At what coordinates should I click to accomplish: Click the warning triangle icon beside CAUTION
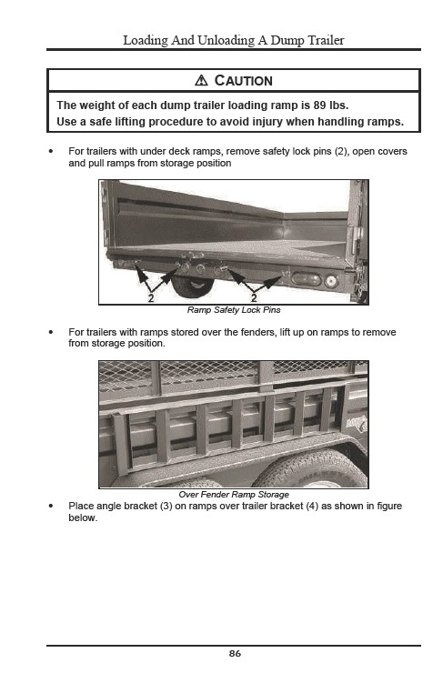(x=201, y=81)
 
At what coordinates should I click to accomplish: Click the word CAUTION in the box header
(x=243, y=81)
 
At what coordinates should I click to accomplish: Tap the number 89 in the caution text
(x=319, y=105)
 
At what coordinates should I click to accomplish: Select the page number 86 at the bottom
(x=235, y=653)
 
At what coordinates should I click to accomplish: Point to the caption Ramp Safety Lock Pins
(x=234, y=310)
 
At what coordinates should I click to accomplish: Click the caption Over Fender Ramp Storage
(x=234, y=495)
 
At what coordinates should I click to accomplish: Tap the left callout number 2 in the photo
(x=151, y=298)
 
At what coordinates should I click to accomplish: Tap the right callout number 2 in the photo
(x=254, y=298)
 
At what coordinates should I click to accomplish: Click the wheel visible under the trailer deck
(x=193, y=286)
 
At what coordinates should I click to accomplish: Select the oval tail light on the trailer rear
(x=307, y=279)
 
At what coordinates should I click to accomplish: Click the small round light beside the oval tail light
(x=331, y=280)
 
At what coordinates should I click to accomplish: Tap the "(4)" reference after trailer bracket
(x=312, y=507)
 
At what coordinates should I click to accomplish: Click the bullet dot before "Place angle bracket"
(x=52, y=507)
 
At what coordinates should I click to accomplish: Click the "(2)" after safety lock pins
(x=341, y=152)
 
